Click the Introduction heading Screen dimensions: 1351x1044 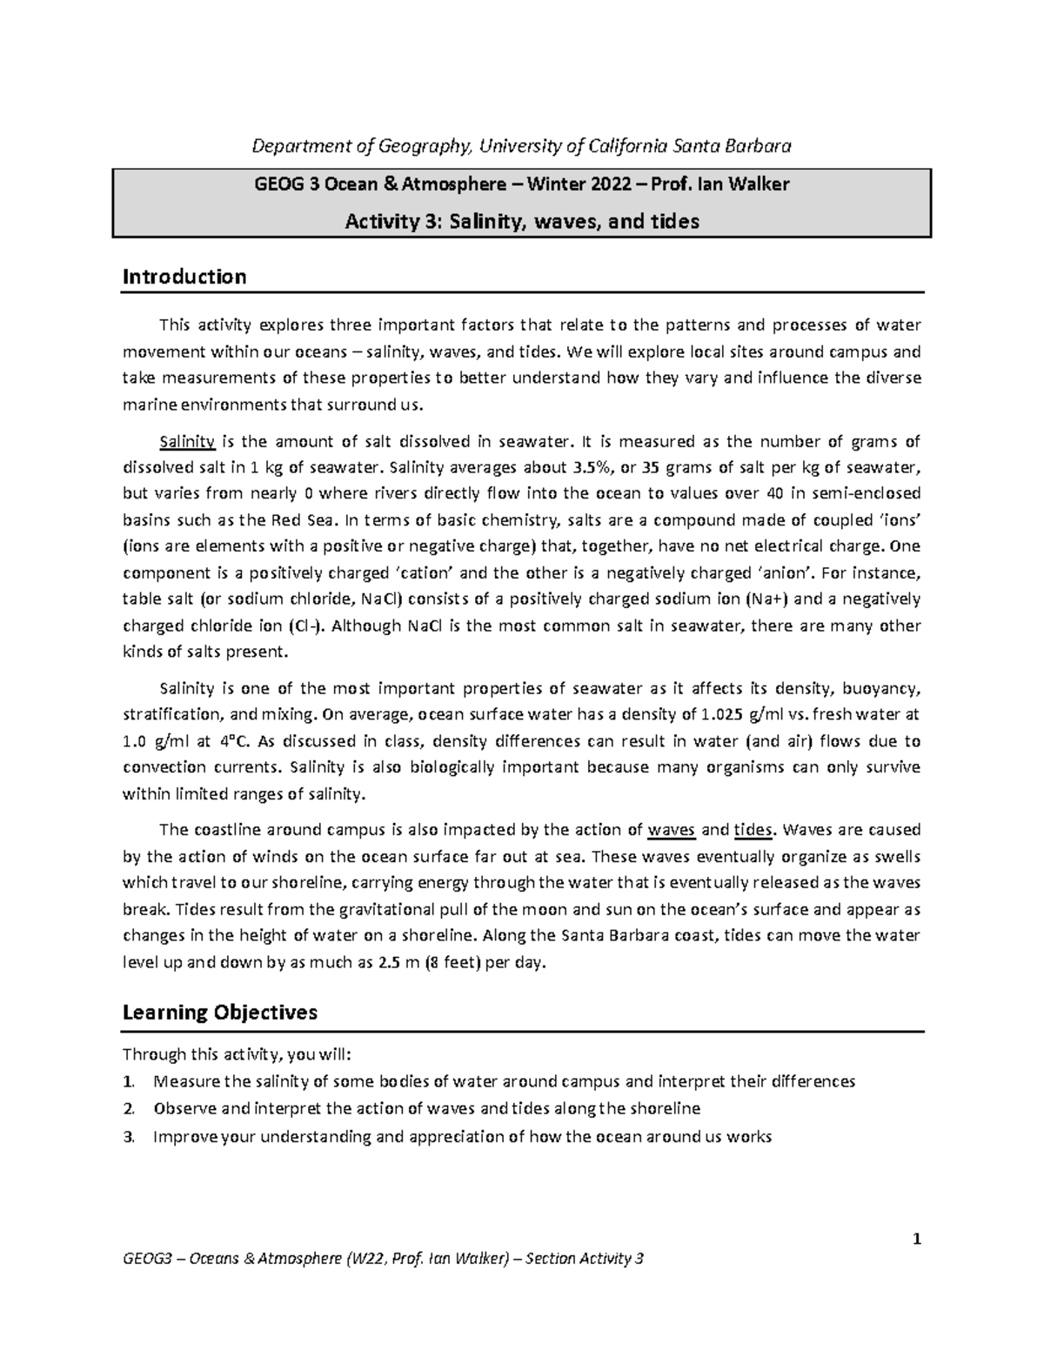184,277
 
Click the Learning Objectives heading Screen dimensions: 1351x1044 220,1013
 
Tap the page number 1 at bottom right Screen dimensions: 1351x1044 916,1239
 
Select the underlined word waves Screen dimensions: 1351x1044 672,829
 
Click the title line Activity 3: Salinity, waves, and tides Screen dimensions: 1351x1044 522,222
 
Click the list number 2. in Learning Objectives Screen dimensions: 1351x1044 129,1109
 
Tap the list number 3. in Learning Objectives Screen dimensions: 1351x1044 129,1136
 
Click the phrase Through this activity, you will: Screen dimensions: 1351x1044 237,1054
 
